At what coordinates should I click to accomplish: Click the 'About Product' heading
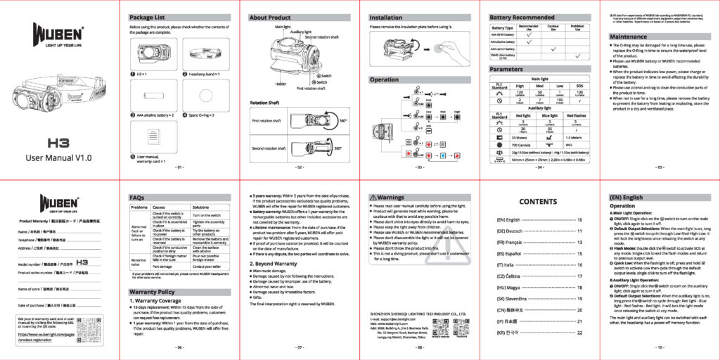pyautogui.click(x=271, y=17)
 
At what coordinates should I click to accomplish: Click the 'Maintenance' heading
pyautogui.click(x=628, y=36)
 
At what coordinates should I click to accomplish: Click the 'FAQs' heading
pyautogui.click(x=137, y=198)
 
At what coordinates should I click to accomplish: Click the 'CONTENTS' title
pyautogui.click(x=538, y=202)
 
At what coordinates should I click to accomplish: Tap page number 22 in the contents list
pyautogui.click(x=579, y=332)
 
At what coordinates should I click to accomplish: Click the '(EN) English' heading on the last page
pyautogui.click(x=626, y=198)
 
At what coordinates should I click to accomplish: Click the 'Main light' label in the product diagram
pyautogui.click(x=283, y=26)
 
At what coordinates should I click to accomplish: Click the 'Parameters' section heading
pyautogui.click(x=506, y=70)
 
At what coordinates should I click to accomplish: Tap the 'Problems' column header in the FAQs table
pyautogui.click(x=137, y=207)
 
